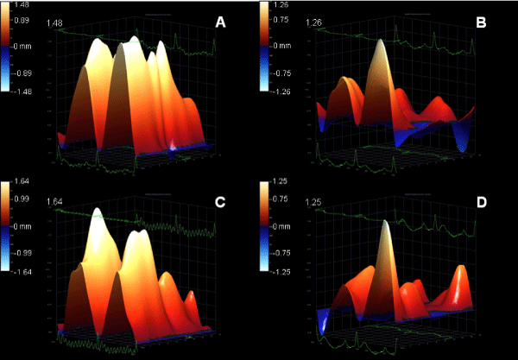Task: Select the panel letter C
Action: (220, 203)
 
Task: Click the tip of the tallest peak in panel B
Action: (379, 42)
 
